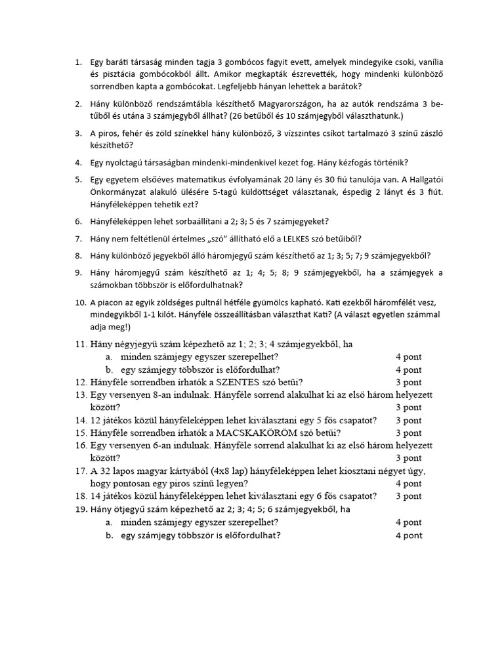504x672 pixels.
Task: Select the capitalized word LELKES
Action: (x=295, y=238)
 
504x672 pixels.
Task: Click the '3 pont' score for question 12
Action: (x=408, y=382)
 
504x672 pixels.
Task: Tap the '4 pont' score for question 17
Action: (x=408, y=483)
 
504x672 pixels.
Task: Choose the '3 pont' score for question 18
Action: (x=408, y=495)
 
